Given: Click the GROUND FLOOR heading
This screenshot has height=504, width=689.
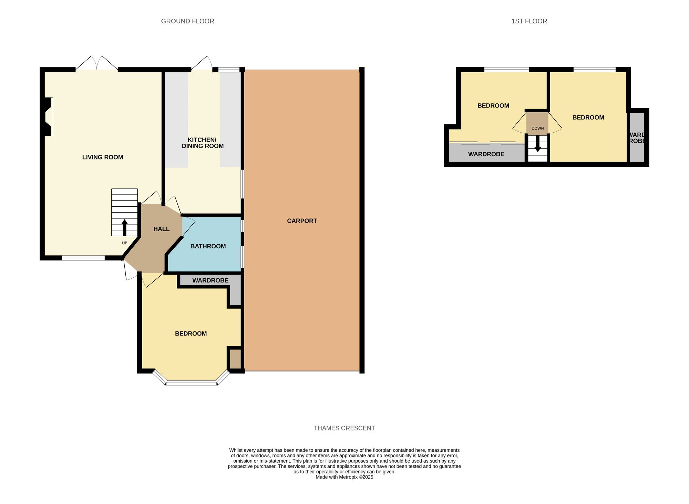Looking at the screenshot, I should (x=187, y=21).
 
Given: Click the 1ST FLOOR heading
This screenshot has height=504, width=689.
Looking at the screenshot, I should (x=529, y=21).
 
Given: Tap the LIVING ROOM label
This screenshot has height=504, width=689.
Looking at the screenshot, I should (x=103, y=157).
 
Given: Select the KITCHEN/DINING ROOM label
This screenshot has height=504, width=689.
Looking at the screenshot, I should (x=203, y=143).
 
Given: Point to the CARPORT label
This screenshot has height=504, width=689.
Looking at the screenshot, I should (x=302, y=221).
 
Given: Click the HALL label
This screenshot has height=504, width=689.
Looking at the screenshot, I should (x=161, y=229).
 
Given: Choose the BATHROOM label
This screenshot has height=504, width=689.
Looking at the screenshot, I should (x=208, y=246).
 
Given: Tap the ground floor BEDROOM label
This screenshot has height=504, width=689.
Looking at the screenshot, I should (x=191, y=333).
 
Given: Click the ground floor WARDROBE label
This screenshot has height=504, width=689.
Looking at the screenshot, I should (x=210, y=280).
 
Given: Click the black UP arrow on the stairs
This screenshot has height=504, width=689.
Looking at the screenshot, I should (x=124, y=228).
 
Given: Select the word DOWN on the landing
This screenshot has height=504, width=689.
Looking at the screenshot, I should (x=537, y=128).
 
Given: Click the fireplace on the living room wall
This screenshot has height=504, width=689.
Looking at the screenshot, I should (x=49, y=116).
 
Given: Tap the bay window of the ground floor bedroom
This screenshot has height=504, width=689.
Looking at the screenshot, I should (x=192, y=382).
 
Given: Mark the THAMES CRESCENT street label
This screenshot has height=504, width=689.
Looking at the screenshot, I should (x=344, y=428).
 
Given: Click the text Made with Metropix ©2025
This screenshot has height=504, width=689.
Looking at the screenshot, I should (x=344, y=477).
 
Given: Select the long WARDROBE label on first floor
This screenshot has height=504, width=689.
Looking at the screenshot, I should (x=486, y=154).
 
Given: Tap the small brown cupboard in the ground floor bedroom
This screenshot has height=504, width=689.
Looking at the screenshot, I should (x=235, y=359).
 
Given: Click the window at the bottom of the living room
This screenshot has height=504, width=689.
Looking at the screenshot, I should (x=83, y=258).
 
